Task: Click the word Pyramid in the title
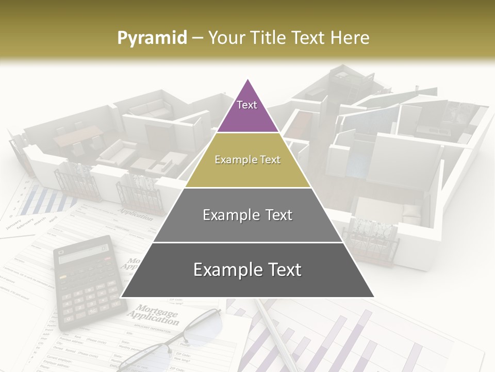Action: click(x=152, y=38)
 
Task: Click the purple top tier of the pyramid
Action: click(x=247, y=111)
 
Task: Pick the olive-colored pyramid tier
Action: click(x=247, y=160)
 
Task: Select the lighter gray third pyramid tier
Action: click(x=247, y=215)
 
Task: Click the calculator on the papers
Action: click(x=89, y=282)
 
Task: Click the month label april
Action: click(x=53, y=219)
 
